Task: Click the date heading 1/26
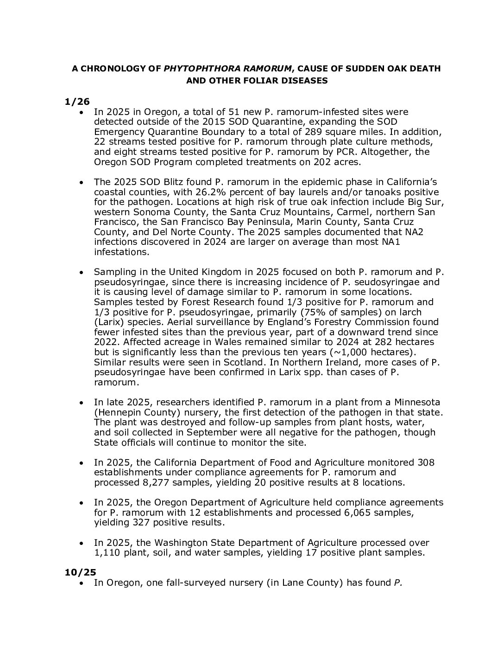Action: click(77, 102)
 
